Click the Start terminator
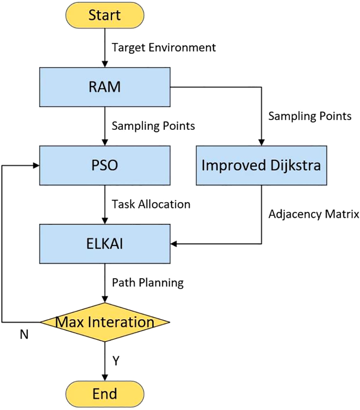[x=105, y=16]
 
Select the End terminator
[x=105, y=394]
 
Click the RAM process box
[x=105, y=87]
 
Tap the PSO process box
[x=105, y=166]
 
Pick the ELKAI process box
[x=105, y=244]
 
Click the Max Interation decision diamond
[x=105, y=323]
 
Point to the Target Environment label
[x=164, y=48]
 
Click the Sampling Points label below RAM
[x=154, y=126]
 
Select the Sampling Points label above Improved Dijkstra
[x=310, y=116]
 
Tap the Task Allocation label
[x=151, y=204]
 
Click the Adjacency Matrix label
[x=314, y=214]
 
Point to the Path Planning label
[x=148, y=282]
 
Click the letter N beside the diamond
[x=25, y=334]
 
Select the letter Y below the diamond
[x=116, y=360]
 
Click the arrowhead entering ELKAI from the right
[x=174, y=244]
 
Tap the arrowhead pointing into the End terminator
[x=105, y=378]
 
